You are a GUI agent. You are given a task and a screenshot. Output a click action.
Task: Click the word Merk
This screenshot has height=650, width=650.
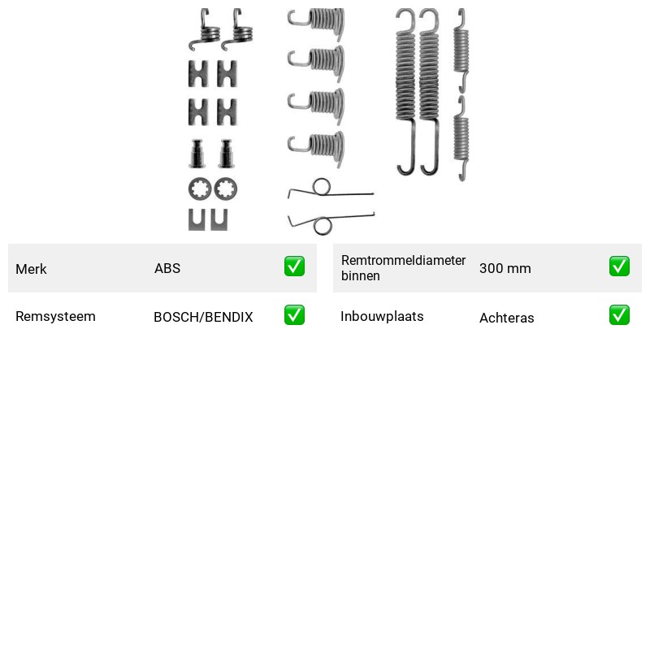point(31,269)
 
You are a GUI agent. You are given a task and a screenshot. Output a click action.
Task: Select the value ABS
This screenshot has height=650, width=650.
point(167,268)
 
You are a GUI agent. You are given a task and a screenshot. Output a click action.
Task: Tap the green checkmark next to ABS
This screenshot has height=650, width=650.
point(294,266)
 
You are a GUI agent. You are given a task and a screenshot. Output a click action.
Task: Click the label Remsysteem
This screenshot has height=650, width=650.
point(55,316)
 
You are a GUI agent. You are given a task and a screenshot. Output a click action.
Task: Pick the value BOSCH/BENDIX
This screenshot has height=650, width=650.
point(203,317)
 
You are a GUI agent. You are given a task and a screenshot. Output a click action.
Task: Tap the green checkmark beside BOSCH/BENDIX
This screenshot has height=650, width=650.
point(294,315)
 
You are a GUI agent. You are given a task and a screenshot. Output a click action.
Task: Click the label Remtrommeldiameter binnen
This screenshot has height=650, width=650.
point(403,268)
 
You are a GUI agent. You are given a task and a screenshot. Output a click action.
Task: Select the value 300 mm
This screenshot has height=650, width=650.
point(505,268)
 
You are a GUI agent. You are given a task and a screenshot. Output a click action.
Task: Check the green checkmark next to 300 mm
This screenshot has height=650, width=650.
point(619,266)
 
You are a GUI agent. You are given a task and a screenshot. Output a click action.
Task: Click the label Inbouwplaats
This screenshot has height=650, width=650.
point(382,316)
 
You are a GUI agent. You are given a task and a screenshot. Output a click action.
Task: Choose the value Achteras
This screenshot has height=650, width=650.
point(506,318)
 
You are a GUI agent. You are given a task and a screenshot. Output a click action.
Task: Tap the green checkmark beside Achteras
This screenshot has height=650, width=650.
point(619,315)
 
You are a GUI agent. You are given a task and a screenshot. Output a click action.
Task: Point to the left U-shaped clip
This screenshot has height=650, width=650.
point(197,227)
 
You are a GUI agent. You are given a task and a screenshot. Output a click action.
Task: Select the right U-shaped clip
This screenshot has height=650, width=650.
point(219,227)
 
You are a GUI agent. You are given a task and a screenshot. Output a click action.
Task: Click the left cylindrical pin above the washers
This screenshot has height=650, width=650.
point(197,154)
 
